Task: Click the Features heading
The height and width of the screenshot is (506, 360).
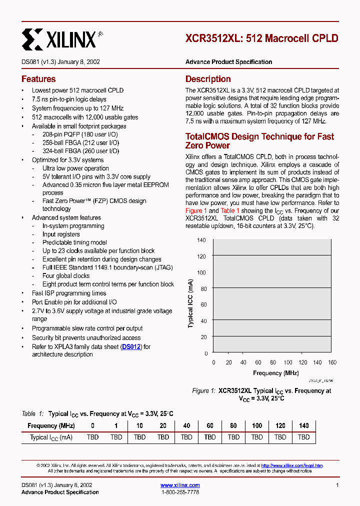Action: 38,79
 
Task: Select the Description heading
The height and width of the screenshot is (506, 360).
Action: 208,79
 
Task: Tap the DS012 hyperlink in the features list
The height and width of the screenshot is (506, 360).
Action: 132,346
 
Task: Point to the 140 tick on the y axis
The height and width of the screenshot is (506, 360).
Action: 201,240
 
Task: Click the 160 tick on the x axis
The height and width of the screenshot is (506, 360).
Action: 332,362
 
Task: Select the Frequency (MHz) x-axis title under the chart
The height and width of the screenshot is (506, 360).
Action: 275,373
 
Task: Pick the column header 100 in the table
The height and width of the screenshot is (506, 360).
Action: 256,425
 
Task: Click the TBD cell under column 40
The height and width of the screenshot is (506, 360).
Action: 186,437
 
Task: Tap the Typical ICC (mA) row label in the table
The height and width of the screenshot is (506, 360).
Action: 51,437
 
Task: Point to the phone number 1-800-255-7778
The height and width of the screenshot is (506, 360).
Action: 180,492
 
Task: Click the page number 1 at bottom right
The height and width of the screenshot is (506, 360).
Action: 337,485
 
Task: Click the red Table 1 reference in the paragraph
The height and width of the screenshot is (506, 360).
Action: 230,210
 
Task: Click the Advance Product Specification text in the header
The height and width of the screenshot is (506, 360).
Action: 228,62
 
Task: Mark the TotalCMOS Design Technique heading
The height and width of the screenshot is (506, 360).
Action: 259,141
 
